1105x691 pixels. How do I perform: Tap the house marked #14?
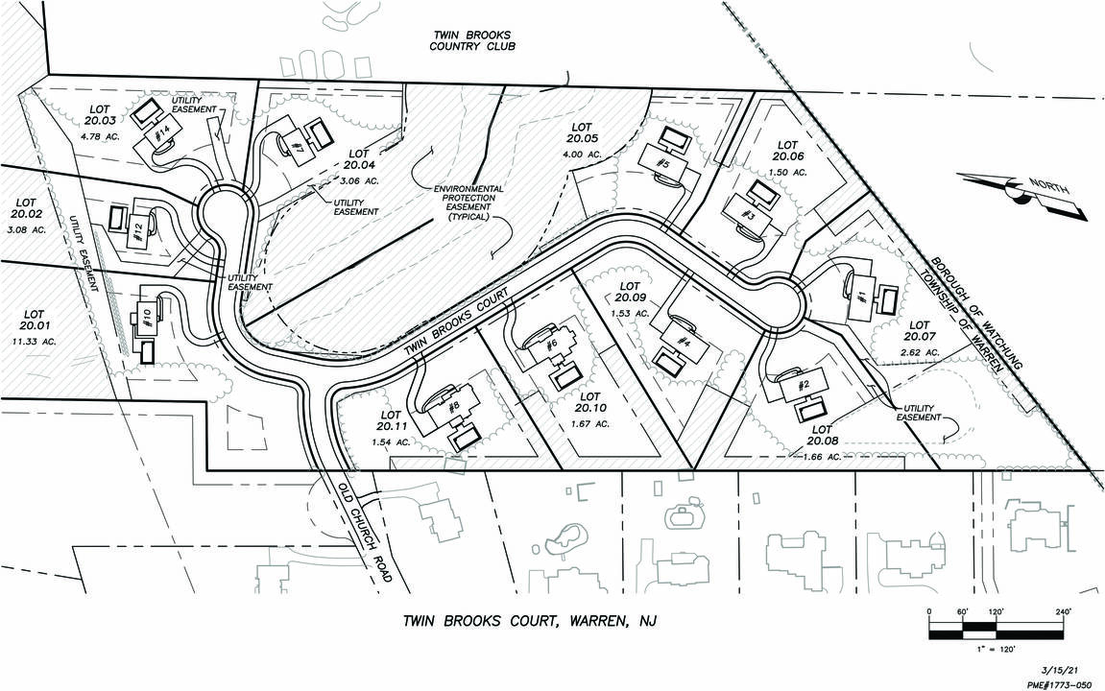pos(164,131)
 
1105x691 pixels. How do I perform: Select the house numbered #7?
pos(299,147)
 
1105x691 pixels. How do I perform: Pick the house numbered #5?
pos(663,163)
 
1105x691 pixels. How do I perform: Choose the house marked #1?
pos(861,297)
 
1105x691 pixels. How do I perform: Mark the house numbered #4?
pos(684,341)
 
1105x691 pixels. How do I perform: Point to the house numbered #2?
pos(805,385)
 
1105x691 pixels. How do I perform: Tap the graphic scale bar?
pos(997,630)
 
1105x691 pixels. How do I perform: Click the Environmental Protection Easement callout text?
pos(468,203)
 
